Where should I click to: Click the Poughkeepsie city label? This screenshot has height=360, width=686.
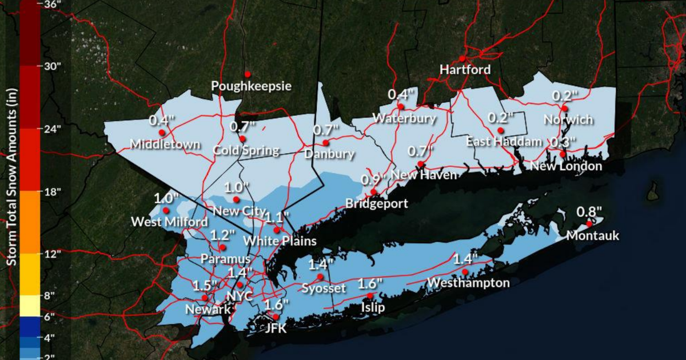pyautogui.click(x=251, y=86)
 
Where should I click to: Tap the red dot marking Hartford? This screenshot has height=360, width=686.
pyautogui.click(x=462, y=58)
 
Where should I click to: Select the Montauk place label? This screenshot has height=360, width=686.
pyautogui.click(x=593, y=235)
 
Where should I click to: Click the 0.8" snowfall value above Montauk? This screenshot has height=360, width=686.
pyautogui.click(x=589, y=211)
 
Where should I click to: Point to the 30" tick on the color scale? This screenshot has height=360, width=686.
pyautogui.click(x=51, y=66)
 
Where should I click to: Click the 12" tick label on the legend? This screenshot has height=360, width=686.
pyautogui.click(x=51, y=254)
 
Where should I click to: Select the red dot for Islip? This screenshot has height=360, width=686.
pyautogui.click(x=370, y=295)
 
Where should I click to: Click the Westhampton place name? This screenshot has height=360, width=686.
pyautogui.click(x=468, y=283)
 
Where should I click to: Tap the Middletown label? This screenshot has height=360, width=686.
pyautogui.click(x=165, y=145)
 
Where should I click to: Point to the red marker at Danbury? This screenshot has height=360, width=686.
pyautogui.click(x=325, y=142)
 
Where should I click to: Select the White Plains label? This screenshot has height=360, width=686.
pyautogui.click(x=280, y=241)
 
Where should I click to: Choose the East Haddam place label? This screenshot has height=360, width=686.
pyautogui.click(x=504, y=142)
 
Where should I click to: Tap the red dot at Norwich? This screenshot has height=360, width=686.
pyautogui.click(x=564, y=108)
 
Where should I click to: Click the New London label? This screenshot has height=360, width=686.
pyautogui.click(x=566, y=166)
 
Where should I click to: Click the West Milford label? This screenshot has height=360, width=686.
pyautogui.click(x=170, y=221)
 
